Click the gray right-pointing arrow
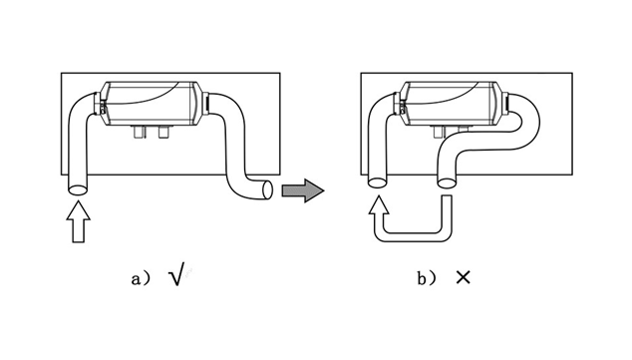point(303,190)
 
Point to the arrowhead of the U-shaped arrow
point(379,204)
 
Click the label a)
point(142,278)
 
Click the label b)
point(427,278)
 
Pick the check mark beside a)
point(177,273)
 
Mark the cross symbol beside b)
point(464,277)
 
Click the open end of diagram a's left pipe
point(78,189)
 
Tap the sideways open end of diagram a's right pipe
point(267,189)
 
